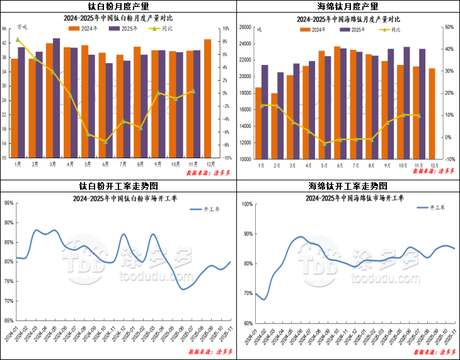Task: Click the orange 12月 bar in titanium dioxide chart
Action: (208, 98)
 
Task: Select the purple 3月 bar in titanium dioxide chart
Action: (57, 98)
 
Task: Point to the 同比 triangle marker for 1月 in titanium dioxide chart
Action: (18, 40)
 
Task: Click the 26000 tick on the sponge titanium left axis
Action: (245, 27)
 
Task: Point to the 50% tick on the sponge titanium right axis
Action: (449, 27)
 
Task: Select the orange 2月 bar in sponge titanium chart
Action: (275, 126)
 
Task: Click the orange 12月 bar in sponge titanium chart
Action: (432, 113)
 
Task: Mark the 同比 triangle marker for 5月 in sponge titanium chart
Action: (325, 144)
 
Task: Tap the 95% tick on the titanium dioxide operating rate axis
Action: (8, 203)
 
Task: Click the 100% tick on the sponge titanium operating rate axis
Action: (246, 204)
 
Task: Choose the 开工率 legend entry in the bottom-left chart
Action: (205, 209)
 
